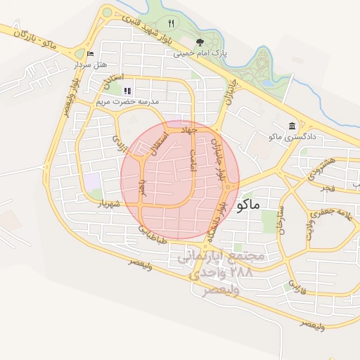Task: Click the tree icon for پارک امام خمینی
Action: point(199,41)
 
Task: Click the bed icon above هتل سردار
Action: point(89,53)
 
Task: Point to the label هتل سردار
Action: point(89,65)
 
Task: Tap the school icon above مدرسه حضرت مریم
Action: point(127,91)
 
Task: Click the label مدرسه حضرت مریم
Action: point(129,101)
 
